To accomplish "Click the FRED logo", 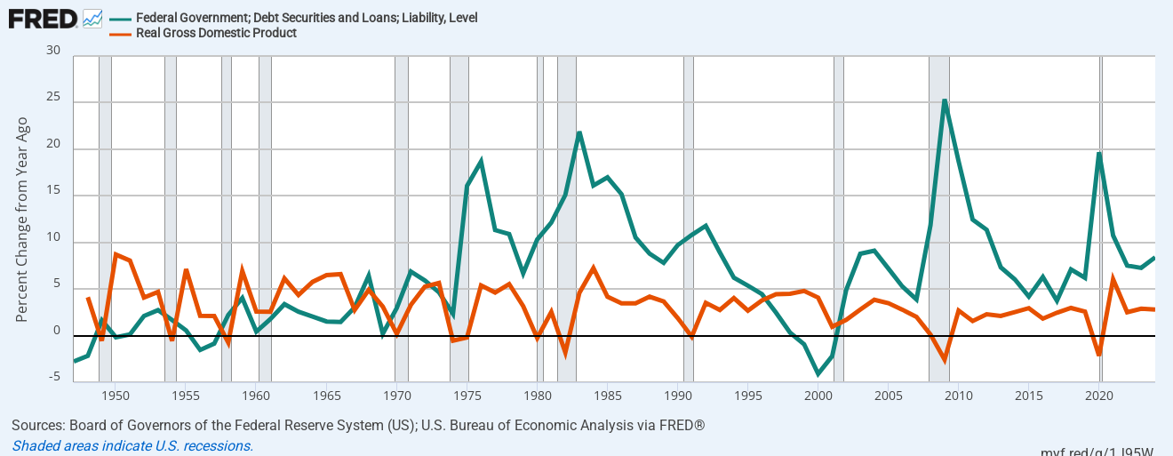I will [43, 18].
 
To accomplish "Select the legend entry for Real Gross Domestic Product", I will [216, 33].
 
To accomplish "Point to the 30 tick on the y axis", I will [53, 52].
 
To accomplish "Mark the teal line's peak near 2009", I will [945, 100].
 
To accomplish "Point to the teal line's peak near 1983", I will [579, 132].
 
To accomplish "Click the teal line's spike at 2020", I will [1099, 153].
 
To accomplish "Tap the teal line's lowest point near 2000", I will [818, 374].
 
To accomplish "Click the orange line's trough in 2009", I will [945, 360].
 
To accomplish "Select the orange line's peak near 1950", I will [116, 254].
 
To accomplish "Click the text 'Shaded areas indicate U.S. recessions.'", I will [132, 445].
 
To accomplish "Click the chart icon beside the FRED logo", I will [92, 18].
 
